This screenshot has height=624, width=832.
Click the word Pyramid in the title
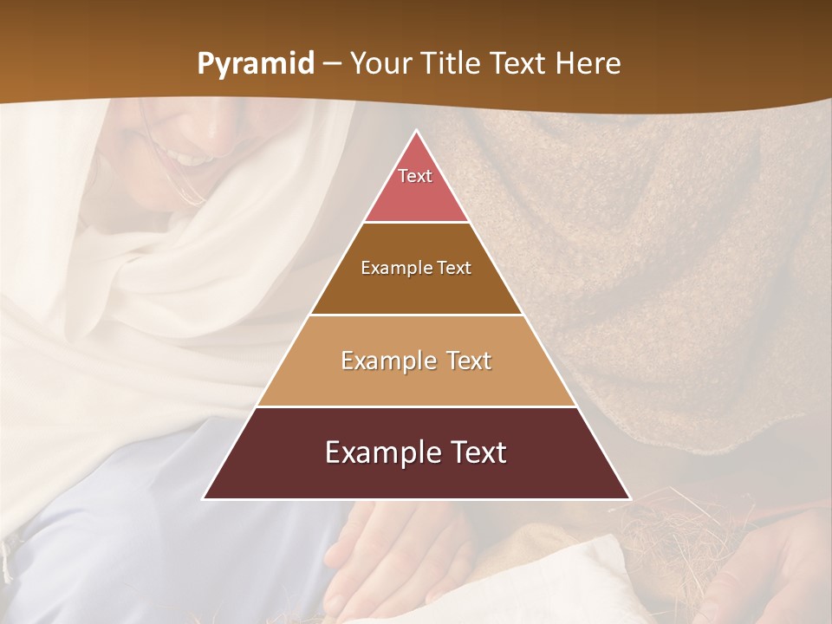tap(256, 64)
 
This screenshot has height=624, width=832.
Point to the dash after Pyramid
tap(331, 64)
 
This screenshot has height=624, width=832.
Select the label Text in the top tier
tap(415, 176)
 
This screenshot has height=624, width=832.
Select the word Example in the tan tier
tap(388, 361)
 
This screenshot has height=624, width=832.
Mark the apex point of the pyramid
tap(416, 130)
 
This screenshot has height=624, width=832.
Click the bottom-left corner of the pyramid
tap(203, 499)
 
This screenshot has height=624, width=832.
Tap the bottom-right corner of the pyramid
tap(630, 499)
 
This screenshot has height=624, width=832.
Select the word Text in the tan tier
tap(469, 361)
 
